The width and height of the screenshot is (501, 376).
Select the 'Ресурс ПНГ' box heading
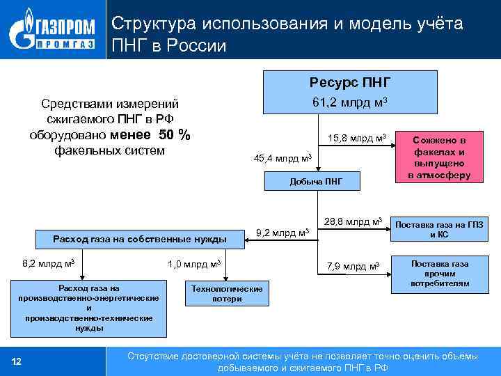pos(349,83)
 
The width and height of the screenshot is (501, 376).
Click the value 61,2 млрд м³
pos(349,103)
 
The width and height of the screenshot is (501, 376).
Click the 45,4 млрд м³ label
pos(282,158)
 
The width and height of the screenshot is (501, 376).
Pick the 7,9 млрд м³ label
pos(353,266)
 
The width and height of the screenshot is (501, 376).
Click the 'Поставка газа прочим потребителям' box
pos(439,274)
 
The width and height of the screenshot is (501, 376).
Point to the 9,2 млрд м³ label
pos(282,231)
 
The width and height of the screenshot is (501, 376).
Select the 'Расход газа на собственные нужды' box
pos(140,240)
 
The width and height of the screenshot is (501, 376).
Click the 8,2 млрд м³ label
pos(48,263)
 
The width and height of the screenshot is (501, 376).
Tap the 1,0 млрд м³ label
pos(194,263)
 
